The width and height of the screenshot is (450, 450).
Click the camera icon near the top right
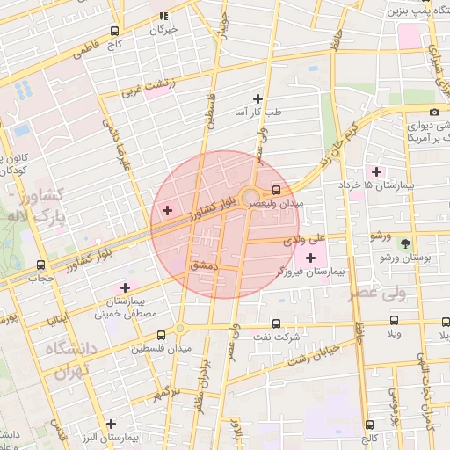pos(434,112)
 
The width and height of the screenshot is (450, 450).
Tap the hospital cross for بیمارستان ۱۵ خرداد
pos(378,171)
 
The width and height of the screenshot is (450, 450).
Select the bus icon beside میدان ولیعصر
pos(277,189)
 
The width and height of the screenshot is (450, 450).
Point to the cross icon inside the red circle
pos(167,210)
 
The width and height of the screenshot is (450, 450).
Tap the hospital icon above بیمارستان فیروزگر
pos(310,257)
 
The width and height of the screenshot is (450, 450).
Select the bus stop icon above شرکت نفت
pos(277,323)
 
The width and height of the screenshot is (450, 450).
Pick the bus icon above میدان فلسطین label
pos(160,335)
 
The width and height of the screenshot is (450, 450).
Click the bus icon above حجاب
pos(40,265)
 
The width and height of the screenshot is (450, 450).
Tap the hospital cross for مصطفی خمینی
pos(125,287)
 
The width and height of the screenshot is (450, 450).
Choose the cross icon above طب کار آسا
pos(258,98)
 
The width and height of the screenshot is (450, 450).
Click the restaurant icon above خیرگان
pos(163,16)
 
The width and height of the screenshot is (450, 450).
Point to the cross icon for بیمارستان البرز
pos(111,423)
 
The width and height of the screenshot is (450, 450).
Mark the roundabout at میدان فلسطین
pos(181,328)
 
